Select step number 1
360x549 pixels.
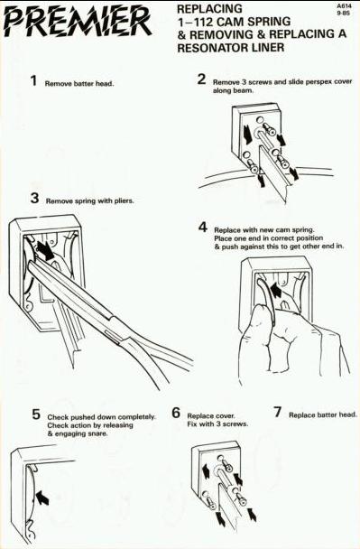pos(33,81)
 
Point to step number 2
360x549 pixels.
pos(201,79)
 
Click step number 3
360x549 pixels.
pos(34,198)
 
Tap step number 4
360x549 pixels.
pos(203,228)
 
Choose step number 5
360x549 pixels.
pos(36,414)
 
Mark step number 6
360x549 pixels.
pos(176,413)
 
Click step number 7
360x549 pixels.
pos(277,412)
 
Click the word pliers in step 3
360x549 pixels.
pos(125,201)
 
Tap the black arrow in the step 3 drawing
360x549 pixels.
pos(45,250)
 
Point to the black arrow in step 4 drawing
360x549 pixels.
pos(275,290)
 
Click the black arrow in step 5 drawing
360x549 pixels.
pos(42,498)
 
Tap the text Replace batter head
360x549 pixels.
pos(323,415)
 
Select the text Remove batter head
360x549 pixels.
pos(79,84)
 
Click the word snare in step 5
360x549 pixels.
pos(98,433)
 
